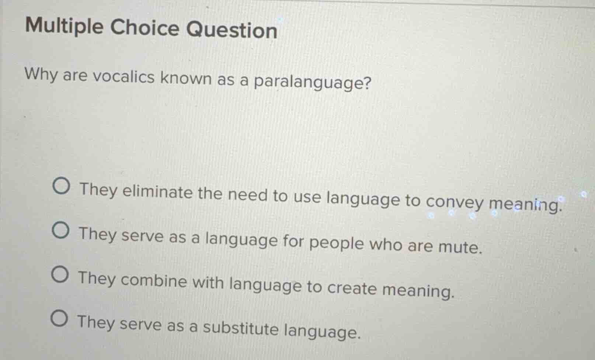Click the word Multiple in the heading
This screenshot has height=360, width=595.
(65, 27)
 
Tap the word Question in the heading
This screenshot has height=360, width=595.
(231, 30)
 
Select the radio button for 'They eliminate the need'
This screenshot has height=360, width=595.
(60, 187)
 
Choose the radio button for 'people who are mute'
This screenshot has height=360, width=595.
(60, 231)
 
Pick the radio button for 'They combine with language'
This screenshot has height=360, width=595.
(59, 275)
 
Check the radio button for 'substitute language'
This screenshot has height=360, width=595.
(59, 319)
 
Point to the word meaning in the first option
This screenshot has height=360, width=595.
(525, 205)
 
